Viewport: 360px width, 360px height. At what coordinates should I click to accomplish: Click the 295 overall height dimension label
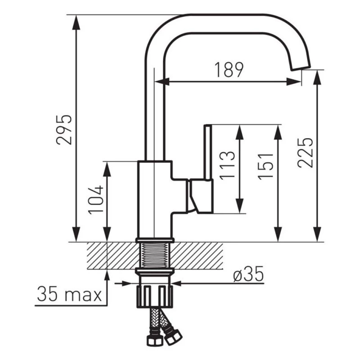(x=64, y=130)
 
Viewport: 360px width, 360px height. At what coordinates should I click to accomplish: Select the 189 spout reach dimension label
(x=229, y=70)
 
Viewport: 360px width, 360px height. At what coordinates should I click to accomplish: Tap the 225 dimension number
(x=305, y=153)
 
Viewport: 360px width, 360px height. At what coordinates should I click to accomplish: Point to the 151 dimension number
(x=265, y=166)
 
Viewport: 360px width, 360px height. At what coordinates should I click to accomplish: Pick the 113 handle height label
(x=227, y=165)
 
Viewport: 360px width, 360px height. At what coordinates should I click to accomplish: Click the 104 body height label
(x=96, y=199)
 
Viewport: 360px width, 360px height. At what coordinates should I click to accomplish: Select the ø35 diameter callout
(x=248, y=274)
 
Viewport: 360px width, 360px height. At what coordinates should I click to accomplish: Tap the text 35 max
(x=69, y=294)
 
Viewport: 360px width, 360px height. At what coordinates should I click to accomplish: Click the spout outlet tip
(x=301, y=68)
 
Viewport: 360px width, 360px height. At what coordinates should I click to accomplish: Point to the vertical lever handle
(x=208, y=152)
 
